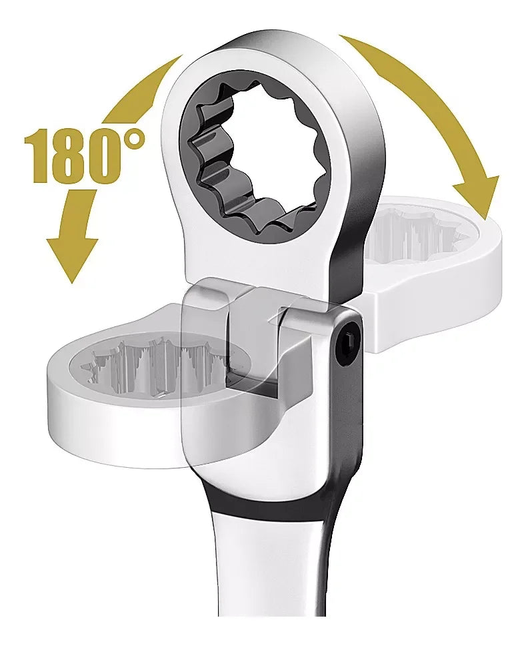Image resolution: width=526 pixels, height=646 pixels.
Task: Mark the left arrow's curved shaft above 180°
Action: click(133, 93)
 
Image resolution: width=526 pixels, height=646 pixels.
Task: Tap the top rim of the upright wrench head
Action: click(267, 50)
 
